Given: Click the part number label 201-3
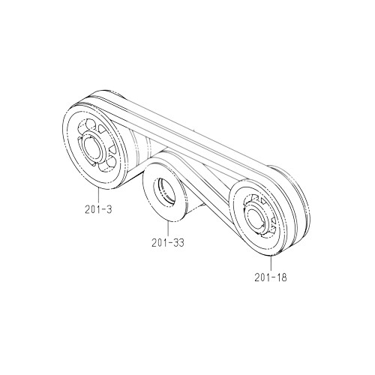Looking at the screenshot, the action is pos(98,209).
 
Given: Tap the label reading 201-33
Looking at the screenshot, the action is pos(168,243).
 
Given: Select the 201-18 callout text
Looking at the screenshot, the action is pos(271,277).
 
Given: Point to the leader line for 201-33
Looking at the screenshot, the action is pos(168,229).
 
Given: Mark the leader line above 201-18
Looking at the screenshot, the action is pos(271,263).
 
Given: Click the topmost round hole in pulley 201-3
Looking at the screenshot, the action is pos(91,124).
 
